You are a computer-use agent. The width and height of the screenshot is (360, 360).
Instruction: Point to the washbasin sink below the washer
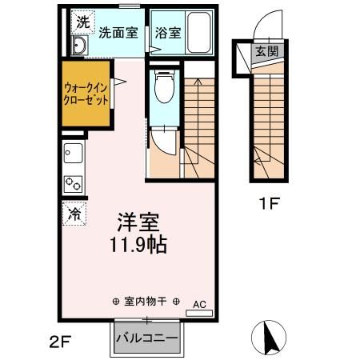point(78,46)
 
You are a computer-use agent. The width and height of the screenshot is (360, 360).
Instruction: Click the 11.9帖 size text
point(134,244)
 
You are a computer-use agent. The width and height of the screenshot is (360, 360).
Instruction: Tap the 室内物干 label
point(146,302)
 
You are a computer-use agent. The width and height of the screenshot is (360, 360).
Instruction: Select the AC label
point(199,304)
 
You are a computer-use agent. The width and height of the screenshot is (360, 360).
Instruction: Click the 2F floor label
point(60,342)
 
